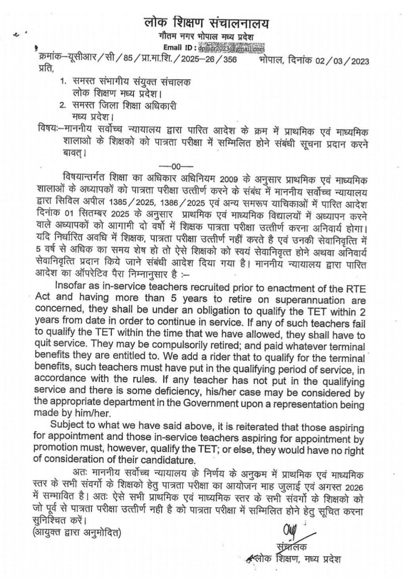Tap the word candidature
pos(172,460)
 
